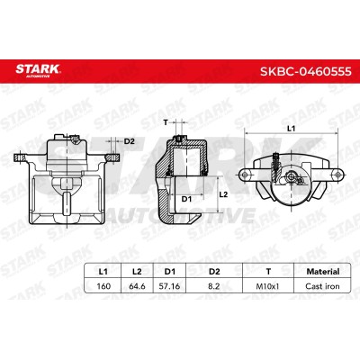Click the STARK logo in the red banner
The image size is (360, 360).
pos(38,71)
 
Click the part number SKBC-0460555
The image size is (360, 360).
pos(306,72)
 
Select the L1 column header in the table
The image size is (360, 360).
pos(103,272)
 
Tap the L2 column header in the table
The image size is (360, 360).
pos(137,272)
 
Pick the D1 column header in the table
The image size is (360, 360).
pos(170,272)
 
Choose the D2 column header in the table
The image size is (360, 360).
pos(214,272)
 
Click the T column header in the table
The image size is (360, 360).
pos(268,272)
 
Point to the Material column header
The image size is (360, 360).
pos(323,272)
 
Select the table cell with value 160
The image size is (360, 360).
pos(103,286)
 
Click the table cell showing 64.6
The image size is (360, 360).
pos(137,286)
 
